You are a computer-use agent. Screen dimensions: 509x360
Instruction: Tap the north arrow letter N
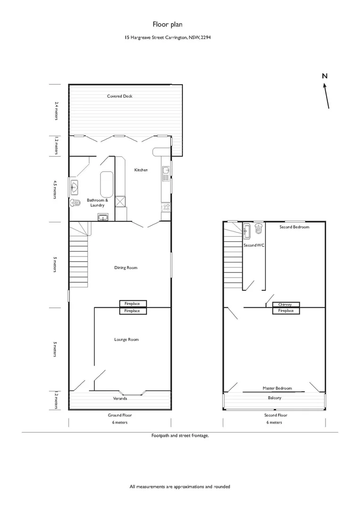coord(324,76)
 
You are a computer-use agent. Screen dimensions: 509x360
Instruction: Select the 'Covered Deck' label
coord(120,96)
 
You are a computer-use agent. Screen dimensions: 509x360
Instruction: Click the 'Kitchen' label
coord(141,170)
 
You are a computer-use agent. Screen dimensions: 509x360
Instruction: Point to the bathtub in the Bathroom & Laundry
coord(107,184)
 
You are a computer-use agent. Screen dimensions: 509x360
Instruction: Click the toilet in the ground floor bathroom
coord(75,203)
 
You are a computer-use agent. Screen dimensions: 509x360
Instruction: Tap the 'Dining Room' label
coord(126,268)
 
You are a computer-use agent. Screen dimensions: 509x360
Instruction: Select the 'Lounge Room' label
coord(126,339)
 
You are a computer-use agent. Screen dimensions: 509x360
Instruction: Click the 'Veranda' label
coord(120,398)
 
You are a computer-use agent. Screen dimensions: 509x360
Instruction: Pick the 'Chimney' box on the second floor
coord(285,304)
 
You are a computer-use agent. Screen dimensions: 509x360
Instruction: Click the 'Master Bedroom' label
coord(277,388)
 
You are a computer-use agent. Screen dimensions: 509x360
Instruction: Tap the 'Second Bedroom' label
coord(294,227)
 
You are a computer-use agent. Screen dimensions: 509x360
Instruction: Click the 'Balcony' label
coord(274,398)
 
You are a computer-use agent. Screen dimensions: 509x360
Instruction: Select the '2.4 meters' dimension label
coord(56,110)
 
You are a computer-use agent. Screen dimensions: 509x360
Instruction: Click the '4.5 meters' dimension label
coord(56,189)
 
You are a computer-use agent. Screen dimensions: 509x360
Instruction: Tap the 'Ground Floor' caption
coord(120,415)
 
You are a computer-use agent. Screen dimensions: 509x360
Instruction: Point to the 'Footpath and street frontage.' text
coord(180,435)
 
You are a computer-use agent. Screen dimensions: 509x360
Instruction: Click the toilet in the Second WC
coord(258,230)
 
